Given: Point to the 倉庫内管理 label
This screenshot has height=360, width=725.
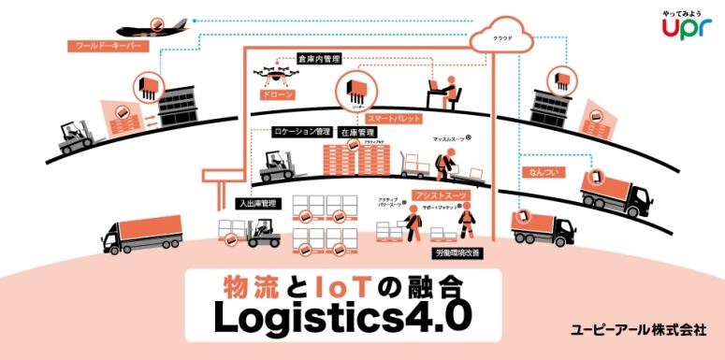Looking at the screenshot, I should tap(318, 59).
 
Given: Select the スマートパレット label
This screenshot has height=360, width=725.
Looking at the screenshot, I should tap(394, 120).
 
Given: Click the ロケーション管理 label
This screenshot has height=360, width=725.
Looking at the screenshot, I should tap(300, 132).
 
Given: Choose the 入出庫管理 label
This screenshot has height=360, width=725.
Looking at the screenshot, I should tap(256, 202).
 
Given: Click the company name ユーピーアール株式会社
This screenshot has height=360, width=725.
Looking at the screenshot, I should tap(638, 330).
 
